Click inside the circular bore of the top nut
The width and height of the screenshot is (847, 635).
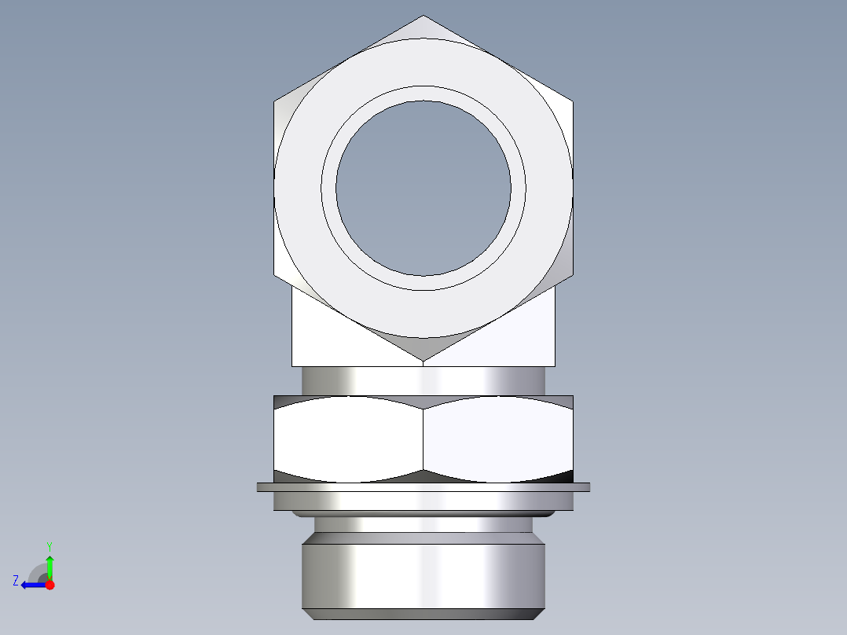click(423, 188)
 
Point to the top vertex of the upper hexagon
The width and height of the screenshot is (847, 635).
click(423, 17)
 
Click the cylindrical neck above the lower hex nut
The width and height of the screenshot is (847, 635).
click(423, 380)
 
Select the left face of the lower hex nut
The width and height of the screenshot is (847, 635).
click(348, 439)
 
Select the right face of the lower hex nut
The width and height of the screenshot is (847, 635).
click(498, 439)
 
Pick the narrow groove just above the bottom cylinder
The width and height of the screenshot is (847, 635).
click(423, 524)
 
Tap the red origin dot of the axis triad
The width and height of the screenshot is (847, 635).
click(49, 585)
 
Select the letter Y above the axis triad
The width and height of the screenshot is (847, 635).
click(49, 545)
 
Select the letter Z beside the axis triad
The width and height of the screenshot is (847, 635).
click(16, 581)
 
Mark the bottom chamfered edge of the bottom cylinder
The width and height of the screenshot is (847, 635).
click(423, 614)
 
